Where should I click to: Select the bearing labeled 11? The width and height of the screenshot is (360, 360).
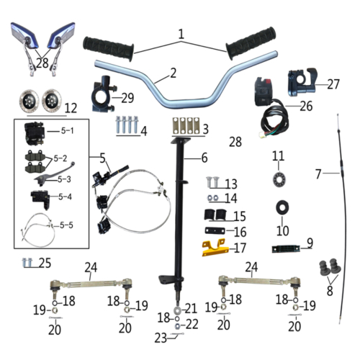279,179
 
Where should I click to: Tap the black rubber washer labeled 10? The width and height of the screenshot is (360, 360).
282,208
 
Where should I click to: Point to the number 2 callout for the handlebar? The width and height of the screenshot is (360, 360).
173,73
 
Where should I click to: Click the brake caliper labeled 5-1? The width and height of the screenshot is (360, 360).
35,133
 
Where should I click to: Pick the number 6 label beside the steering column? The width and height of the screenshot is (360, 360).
204,158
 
